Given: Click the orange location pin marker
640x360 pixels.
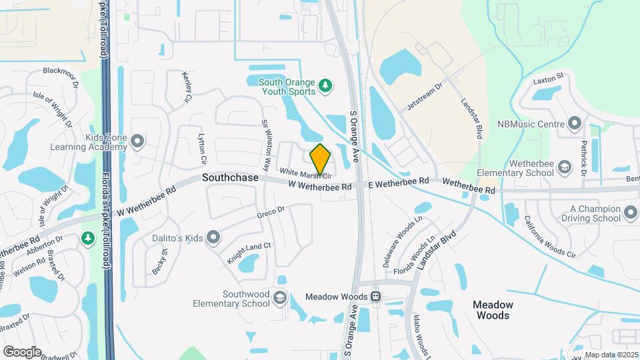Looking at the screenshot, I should [321, 159].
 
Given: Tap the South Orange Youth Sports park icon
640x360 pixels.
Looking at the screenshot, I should [325, 85].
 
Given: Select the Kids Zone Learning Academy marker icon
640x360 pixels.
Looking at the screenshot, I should [137, 141].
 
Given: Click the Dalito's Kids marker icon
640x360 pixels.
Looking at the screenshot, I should [213, 237].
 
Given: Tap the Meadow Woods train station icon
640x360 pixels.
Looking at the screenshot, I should [376, 296].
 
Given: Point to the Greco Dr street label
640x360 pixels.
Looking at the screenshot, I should [271, 213].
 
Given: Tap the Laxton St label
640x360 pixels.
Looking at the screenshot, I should [548, 80].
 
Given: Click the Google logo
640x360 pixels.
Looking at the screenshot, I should [22, 351].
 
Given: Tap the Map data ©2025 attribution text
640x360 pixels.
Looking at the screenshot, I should [611, 355].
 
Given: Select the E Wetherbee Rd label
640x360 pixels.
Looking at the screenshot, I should [398, 182].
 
